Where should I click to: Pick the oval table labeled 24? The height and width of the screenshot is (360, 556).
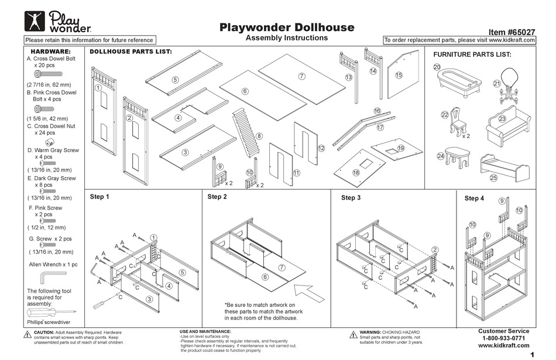pyautogui.click(x=459, y=157)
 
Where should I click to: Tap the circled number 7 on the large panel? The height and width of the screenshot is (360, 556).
pyautogui.click(x=301, y=76)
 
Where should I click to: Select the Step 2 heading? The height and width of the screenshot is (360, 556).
pyautogui.click(x=217, y=197)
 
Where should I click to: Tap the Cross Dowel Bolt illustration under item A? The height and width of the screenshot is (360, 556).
pyautogui.click(x=49, y=76)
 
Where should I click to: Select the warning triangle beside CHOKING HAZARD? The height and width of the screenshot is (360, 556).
pyautogui.click(x=353, y=335)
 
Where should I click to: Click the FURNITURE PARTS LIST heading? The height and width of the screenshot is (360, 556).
pyautogui.click(x=472, y=54)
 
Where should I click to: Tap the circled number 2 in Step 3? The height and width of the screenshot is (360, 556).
pyautogui.click(x=434, y=250)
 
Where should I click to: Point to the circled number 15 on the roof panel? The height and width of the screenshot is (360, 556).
pyautogui.click(x=399, y=75)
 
